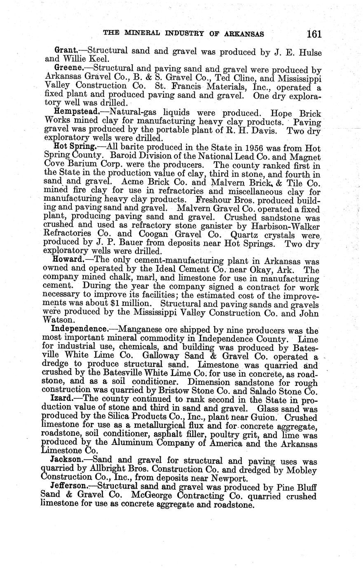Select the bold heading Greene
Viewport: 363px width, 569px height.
pyautogui.click(x=68, y=67)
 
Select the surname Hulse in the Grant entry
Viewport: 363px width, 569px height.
pyautogui.click(x=309, y=52)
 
